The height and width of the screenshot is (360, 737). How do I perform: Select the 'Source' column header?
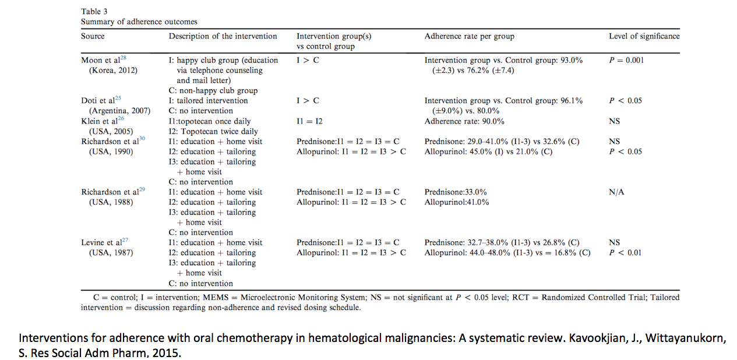(x=93, y=36)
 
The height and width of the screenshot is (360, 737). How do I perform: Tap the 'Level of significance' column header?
(x=644, y=36)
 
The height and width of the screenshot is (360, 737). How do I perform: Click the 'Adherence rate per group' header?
(x=469, y=36)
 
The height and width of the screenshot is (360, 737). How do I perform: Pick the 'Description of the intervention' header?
(x=223, y=36)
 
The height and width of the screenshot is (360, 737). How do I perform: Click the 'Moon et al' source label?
(x=101, y=61)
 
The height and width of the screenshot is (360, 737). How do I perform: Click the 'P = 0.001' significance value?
(x=626, y=61)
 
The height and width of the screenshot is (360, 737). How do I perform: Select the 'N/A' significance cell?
(x=617, y=192)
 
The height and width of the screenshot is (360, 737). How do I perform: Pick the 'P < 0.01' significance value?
(x=625, y=253)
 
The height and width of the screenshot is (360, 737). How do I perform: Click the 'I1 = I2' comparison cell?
(x=309, y=121)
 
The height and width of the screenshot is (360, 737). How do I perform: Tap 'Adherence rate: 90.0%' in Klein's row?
(x=464, y=121)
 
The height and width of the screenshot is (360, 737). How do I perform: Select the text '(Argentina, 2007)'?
(x=119, y=111)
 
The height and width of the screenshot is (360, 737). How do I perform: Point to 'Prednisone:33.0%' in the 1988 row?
(x=456, y=192)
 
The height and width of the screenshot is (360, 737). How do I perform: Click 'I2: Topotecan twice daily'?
(x=213, y=132)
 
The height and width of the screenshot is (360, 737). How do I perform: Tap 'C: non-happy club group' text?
(x=213, y=91)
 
